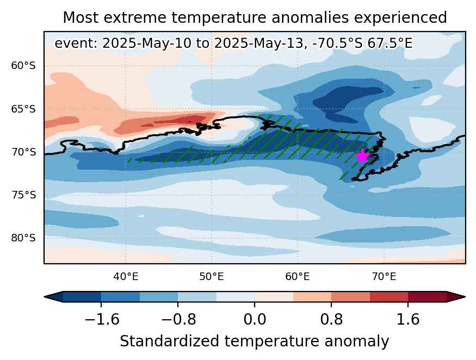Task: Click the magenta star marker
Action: [362, 156]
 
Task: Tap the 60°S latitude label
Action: [23, 66]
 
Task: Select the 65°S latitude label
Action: [23, 109]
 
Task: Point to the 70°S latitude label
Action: [23, 152]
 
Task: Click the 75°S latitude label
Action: [23, 195]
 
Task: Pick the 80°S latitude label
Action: [23, 238]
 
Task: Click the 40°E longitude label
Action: [126, 277]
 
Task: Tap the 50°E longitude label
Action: [212, 277]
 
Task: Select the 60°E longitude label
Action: [298, 277]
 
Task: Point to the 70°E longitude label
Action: [384, 277]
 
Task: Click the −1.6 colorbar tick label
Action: [102, 320]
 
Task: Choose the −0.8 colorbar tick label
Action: [178, 320]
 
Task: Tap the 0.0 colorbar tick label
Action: [255, 320]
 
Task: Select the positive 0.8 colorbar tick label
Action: [331, 320]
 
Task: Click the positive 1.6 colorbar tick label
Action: [408, 320]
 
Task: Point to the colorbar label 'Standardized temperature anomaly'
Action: [255, 342]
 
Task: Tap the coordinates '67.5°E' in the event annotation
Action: [390, 44]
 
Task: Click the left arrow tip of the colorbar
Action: [45, 297]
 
